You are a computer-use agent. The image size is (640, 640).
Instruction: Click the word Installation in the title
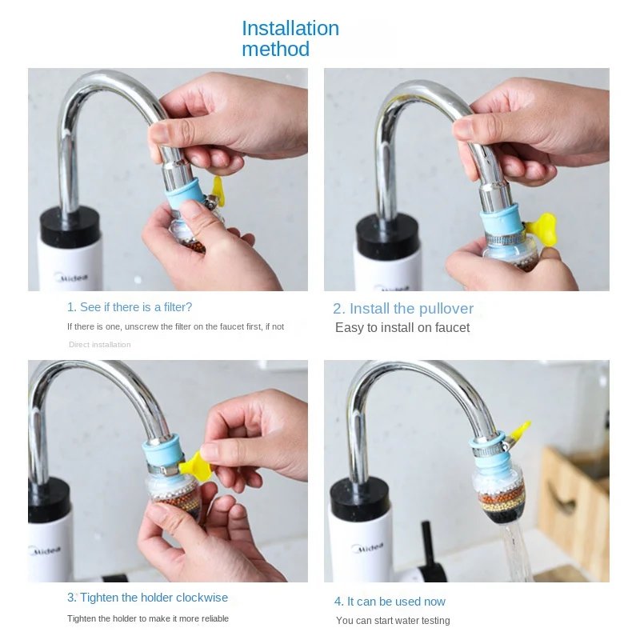coord(290,28)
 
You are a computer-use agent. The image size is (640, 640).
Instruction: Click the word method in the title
coord(275,50)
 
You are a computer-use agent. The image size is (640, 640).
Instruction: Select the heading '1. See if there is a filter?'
coord(130,307)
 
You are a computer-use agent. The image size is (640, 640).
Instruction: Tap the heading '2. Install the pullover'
coord(403,309)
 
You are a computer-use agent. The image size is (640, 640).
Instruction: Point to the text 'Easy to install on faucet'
coord(402,328)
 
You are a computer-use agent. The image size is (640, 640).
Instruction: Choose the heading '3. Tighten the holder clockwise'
coord(147,598)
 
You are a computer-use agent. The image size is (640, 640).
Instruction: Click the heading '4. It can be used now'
coord(390,602)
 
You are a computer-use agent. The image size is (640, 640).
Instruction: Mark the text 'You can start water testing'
coord(393,621)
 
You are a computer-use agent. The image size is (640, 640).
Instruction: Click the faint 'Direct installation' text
coord(99,345)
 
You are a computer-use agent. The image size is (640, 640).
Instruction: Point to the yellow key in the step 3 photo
coord(195,466)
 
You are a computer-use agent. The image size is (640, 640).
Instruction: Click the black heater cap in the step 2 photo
coord(387,236)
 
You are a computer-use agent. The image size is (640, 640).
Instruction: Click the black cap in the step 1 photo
coord(70,226)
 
